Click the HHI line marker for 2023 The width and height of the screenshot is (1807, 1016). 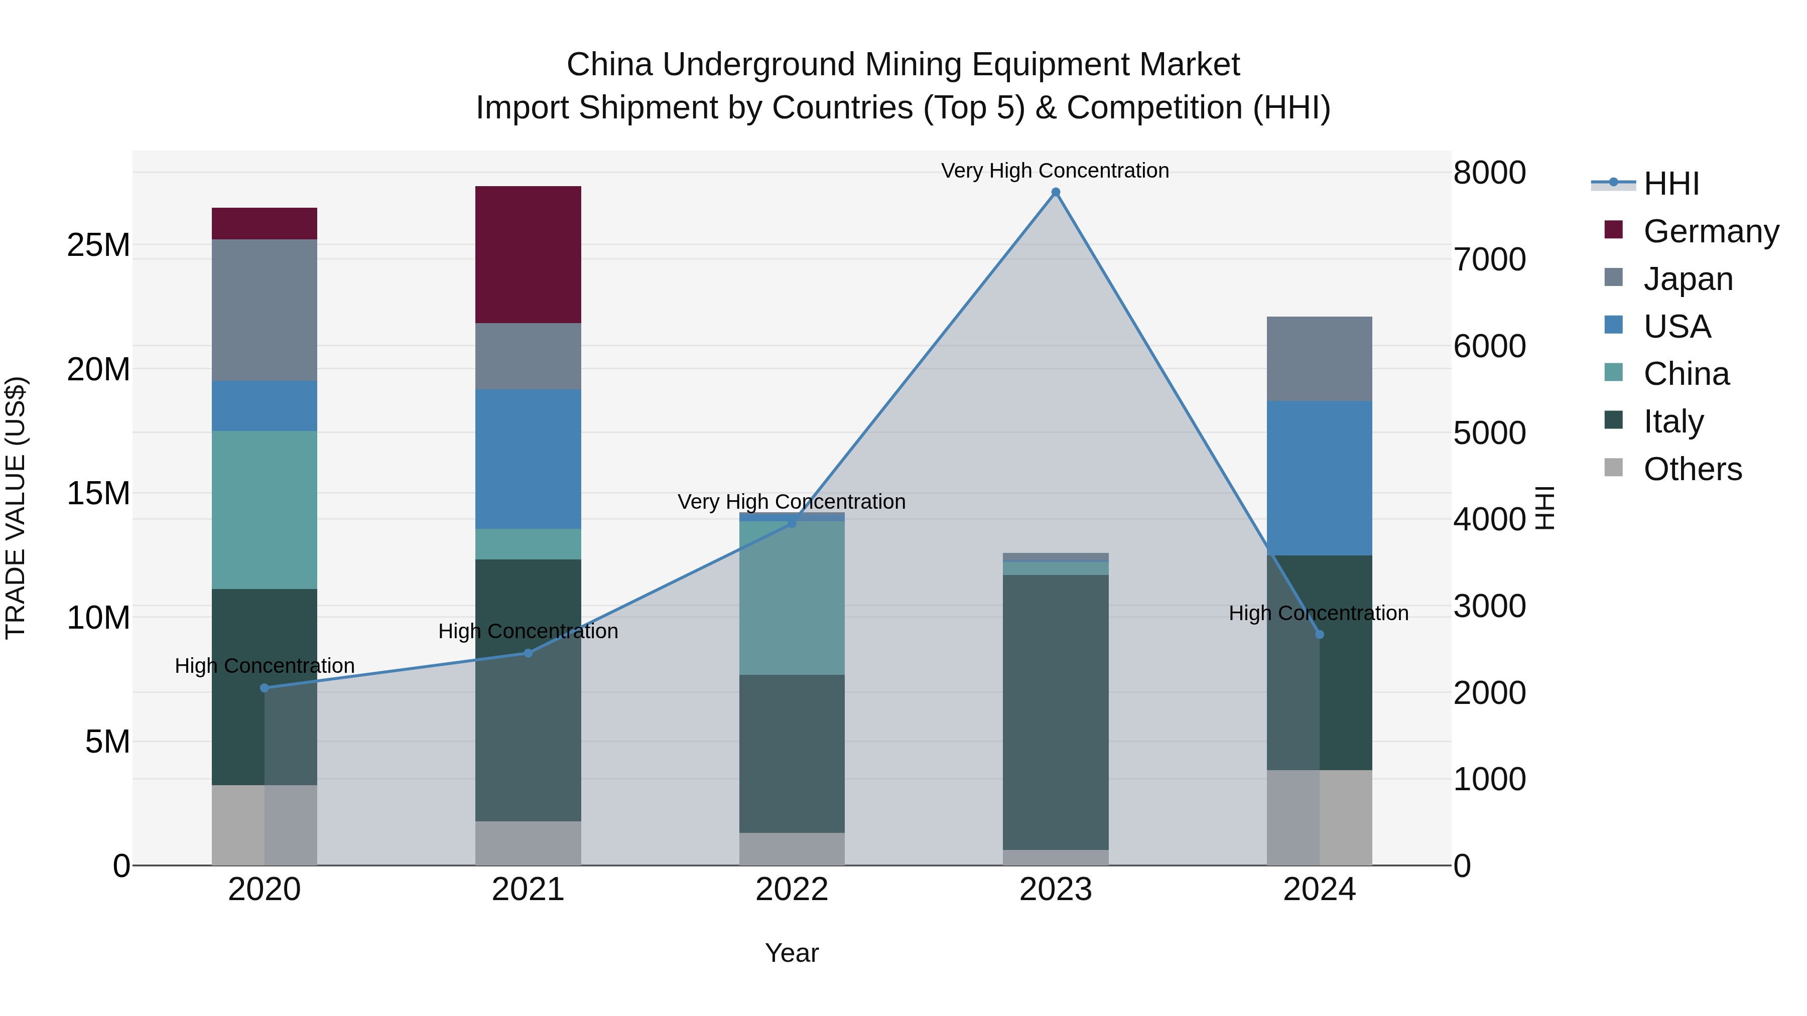1055,192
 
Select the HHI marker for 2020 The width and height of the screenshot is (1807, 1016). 265,688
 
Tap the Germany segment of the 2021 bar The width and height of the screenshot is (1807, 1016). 528,254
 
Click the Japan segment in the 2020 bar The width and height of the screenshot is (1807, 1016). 265,310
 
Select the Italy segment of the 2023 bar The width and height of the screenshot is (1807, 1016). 1055,711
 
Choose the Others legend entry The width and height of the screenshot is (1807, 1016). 1692,469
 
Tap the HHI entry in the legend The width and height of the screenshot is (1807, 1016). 1671,184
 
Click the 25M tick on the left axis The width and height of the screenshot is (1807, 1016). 98,245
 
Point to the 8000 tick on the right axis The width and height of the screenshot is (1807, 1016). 1489,173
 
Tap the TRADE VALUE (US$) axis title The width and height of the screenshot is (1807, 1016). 16,508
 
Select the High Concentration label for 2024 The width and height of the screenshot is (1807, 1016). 1318,613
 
